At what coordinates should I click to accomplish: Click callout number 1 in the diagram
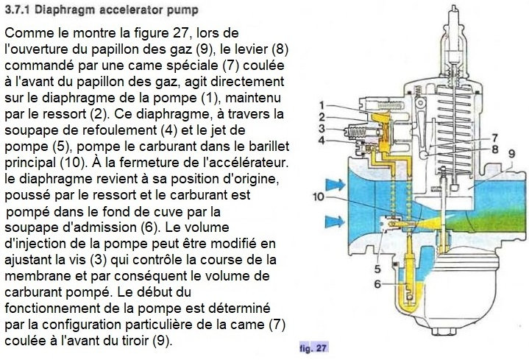(322, 105)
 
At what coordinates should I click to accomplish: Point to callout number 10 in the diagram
(317, 197)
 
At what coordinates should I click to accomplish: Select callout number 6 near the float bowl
(376, 283)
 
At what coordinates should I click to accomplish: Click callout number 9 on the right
(510, 152)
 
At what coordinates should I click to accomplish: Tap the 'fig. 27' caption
(313, 347)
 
